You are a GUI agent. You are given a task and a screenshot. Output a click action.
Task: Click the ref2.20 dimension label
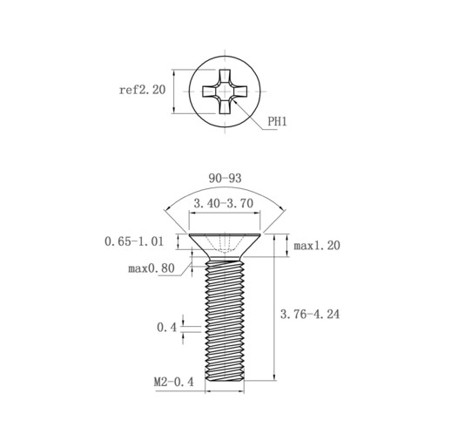[x=142, y=90]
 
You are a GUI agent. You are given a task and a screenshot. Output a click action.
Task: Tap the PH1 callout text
[x=277, y=121]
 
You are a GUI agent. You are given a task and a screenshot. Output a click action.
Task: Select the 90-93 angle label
[x=225, y=178]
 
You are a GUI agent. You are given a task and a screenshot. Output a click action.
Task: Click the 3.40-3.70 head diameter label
[x=224, y=203]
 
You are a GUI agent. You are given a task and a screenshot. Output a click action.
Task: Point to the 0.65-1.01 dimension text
[x=134, y=241]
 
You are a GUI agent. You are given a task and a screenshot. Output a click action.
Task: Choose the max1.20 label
[x=317, y=246]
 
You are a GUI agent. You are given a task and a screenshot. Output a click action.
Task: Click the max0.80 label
[x=151, y=268]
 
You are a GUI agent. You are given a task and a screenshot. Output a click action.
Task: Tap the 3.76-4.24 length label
[x=310, y=314]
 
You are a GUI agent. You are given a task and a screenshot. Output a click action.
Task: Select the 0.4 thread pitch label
[x=166, y=328]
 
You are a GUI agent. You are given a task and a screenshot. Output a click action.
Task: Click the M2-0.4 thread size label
[x=173, y=382]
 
